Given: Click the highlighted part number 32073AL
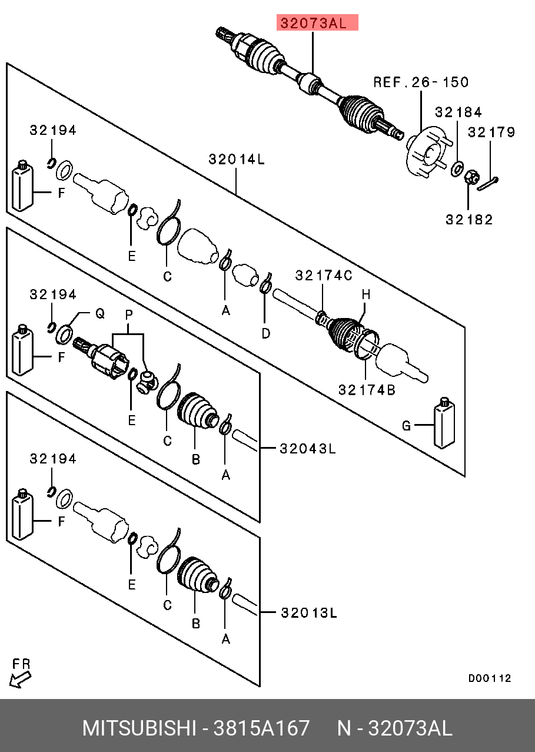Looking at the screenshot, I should pos(317,24).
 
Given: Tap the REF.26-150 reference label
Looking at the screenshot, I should pos(421,82).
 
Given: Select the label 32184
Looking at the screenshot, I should pos(458,112).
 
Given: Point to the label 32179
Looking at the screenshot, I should pos(491,132).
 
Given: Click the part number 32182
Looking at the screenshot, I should pos(469,220).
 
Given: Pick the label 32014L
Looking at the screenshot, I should pos(237,159).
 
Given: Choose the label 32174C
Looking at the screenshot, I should pos(323,275).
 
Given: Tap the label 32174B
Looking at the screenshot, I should pos(366,389).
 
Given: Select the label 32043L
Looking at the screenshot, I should pos(307,449).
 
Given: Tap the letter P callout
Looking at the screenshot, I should pos(128,315).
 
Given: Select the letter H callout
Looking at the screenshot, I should pos(365,293).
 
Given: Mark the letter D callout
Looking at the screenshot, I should pos(266,334).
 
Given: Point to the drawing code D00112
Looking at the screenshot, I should pos(490,678).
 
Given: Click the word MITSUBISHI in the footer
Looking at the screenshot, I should pos(139,728).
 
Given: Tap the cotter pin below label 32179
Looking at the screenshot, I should pos(488,184).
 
